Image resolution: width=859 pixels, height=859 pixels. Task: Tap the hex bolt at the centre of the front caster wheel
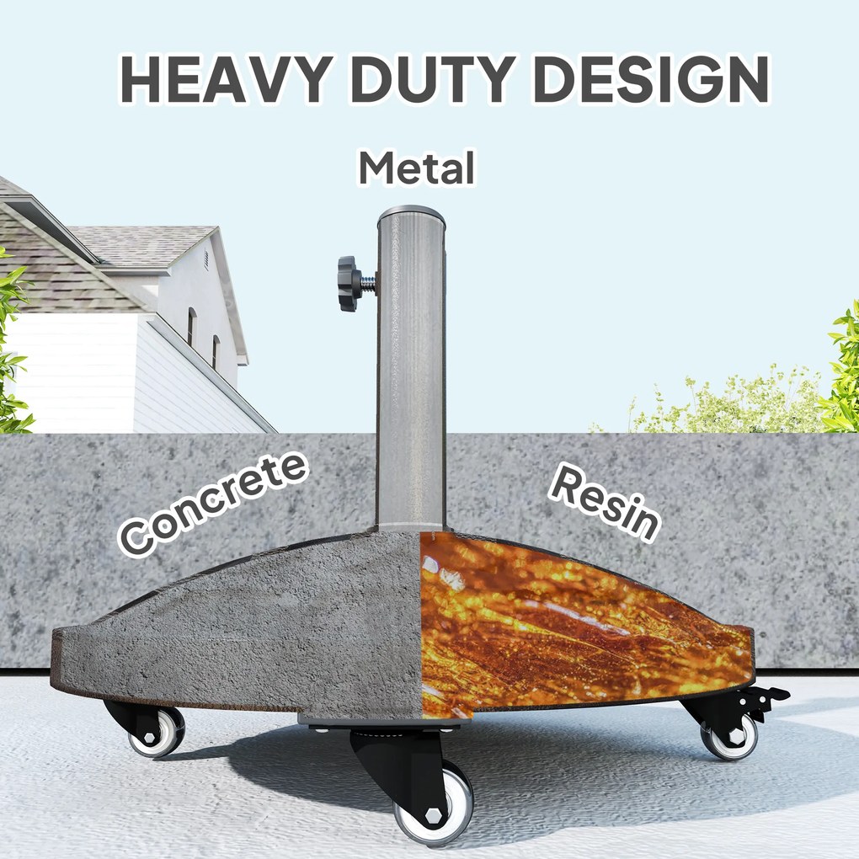coord(434,816)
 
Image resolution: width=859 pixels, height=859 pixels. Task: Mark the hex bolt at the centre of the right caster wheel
coord(736,737)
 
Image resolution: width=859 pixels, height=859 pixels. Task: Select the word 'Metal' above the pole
coord(417,168)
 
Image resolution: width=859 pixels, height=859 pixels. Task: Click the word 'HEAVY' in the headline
coord(227,79)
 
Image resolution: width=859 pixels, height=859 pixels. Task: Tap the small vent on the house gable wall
coord(206,260)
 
